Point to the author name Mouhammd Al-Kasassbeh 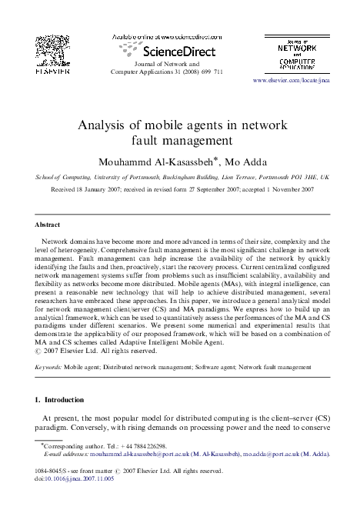155,161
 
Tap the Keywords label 48,368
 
